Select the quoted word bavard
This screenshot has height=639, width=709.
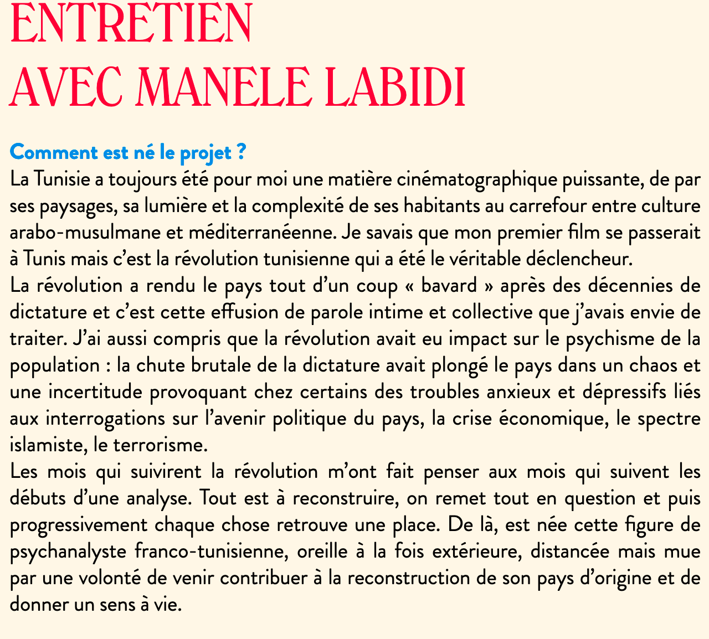(449, 286)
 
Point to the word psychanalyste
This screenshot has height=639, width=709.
(66, 551)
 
